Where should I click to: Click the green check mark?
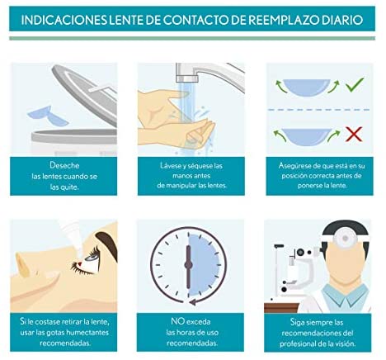(x=355, y=84)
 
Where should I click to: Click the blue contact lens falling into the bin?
(x=48, y=115)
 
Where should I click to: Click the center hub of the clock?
(x=188, y=265)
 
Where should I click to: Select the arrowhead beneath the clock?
(x=193, y=301)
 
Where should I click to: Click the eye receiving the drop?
(x=92, y=258)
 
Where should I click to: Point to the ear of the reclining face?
(x=22, y=265)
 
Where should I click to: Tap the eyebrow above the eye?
(x=107, y=243)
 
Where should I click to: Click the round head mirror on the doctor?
(x=345, y=237)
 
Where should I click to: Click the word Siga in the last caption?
(x=297, y=322)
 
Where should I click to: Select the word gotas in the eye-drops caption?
(x=55, y=332)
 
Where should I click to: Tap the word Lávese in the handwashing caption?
(x=171, y=165)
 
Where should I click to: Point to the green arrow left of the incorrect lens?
(x=280, y=135)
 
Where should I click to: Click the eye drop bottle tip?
(x=79, y=256)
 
